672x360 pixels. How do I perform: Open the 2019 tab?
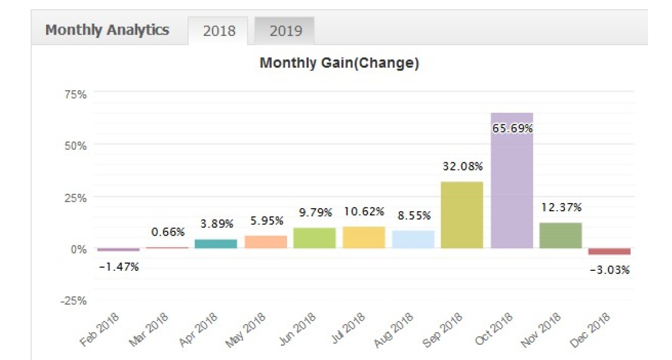pos(286,31)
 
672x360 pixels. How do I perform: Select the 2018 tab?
pos(219,31)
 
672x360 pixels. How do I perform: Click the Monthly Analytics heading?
pos(107,30)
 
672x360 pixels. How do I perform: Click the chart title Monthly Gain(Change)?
pos(339,63)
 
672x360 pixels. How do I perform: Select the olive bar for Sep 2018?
pos(462,215)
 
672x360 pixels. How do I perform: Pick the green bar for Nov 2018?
pos(561,236)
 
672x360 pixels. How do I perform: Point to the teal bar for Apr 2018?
pos(216,244)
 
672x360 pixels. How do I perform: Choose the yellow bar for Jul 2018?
pos(364,238)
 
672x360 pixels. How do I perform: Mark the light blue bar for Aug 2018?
pos(413,240)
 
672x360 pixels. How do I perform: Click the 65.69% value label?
pos(512,129)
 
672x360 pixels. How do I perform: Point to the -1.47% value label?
pos(119,267)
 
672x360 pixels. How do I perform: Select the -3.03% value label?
pos(610,270)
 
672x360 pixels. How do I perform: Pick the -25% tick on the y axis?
pos(73,301)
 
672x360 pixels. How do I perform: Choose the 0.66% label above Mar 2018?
pos(168,232)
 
